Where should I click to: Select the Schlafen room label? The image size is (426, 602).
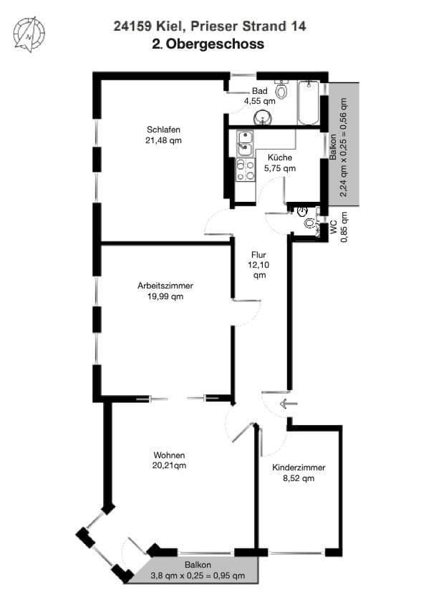(163, 130)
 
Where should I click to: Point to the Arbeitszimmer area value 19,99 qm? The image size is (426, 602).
(165, 296)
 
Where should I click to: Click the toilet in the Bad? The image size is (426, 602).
(282, 90)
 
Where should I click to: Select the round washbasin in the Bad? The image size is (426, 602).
(264, 117)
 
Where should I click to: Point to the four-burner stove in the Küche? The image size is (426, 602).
(245, 170)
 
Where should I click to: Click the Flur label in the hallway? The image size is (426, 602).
(259, 255)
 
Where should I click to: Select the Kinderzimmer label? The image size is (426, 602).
(299, 467)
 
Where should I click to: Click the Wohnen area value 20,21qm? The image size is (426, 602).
(170, 466)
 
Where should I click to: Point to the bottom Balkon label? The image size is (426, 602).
(198, 564)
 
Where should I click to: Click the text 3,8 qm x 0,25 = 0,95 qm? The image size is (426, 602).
(198, 575)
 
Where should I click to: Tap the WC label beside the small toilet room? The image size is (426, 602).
(334, 227)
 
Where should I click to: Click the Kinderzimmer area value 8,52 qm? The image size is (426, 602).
(299, 479)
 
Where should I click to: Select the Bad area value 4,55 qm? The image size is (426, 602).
(259, 102)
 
